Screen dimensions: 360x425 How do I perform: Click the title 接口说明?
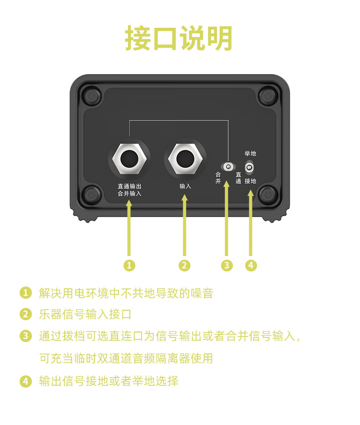pos(179,39)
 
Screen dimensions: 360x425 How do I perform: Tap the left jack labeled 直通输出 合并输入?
pos(129,159)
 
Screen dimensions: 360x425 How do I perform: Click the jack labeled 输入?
pos(185,159)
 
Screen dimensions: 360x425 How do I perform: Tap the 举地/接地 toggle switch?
pos(249,168)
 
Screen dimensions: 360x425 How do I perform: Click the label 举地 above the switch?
pos(250,154)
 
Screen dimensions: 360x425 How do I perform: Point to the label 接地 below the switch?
pos(250,181)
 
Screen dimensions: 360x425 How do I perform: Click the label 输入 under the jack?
pos(185,186)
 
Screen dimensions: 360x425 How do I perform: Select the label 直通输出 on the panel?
pos(129,186)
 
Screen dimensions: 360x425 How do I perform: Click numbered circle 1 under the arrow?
pos(129,265)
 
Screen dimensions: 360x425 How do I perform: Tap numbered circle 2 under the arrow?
pos(185,265)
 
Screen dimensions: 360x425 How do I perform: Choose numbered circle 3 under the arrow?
pos(227,265)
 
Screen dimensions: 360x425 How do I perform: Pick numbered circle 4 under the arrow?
pos(251,265)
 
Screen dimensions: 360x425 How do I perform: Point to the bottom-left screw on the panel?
pos(91,195)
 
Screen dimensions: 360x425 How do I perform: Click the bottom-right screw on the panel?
pos(267,195)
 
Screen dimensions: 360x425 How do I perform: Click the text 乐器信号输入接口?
pos(85,314)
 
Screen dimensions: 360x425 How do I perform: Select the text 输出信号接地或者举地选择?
pos(108,381)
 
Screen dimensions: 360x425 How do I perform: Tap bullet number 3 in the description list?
pos(26,336)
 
